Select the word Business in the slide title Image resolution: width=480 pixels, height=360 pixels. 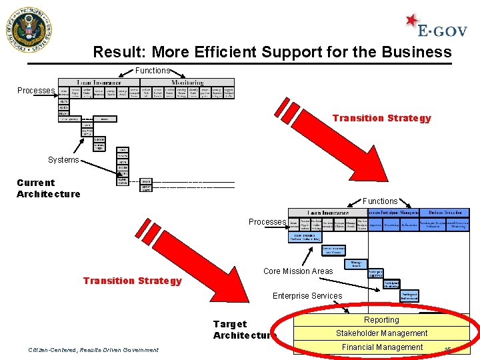click(x=419, y=52)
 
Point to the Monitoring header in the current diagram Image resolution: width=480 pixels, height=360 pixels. click(x=187, y=83)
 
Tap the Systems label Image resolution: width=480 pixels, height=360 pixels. click(x=63, y=160)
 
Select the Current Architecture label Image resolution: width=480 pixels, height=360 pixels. click(x=48, y=188)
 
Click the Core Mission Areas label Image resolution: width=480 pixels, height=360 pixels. click(x=298, y=271)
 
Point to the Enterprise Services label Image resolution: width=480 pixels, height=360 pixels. click(x=307, y=296)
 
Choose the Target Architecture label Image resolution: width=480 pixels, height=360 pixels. click(x=244, y=329)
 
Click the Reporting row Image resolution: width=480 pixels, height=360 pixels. click(x=381, y=320)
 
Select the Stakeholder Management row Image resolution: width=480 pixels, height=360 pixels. click(x=381, y=333)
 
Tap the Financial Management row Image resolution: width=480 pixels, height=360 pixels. click(x=382, y=347)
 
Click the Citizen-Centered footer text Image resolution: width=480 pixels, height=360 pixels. click(x=93, y=349)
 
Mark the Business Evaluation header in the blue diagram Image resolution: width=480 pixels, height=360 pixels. click(x=444, y=213)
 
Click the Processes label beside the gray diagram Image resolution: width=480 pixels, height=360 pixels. click(x=35, y=91)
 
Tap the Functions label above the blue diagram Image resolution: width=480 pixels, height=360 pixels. click(x=380, y=201)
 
